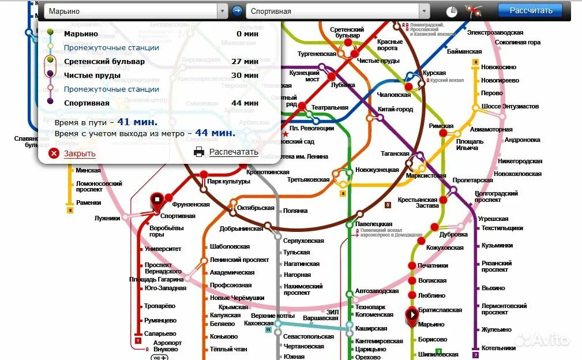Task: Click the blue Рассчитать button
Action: point(531,10)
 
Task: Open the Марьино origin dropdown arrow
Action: point(222,11)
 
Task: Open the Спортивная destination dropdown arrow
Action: point(425,11)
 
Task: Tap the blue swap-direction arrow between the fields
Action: point(237,11)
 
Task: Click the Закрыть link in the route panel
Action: point(79,153)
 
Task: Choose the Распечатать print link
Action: point(233,152)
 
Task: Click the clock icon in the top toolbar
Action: point(452,11)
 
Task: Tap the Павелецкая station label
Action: point(373,224)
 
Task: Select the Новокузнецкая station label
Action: point(377,170)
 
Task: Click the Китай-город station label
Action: point(395,109)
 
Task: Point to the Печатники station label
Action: point(433,265)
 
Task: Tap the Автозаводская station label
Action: point(377,290)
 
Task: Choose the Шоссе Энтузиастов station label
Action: point(510,107)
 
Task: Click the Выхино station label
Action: point(493,288)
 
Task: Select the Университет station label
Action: point(163,249)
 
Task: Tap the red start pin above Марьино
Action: point(412,315)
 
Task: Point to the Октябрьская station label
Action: point(256,208)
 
